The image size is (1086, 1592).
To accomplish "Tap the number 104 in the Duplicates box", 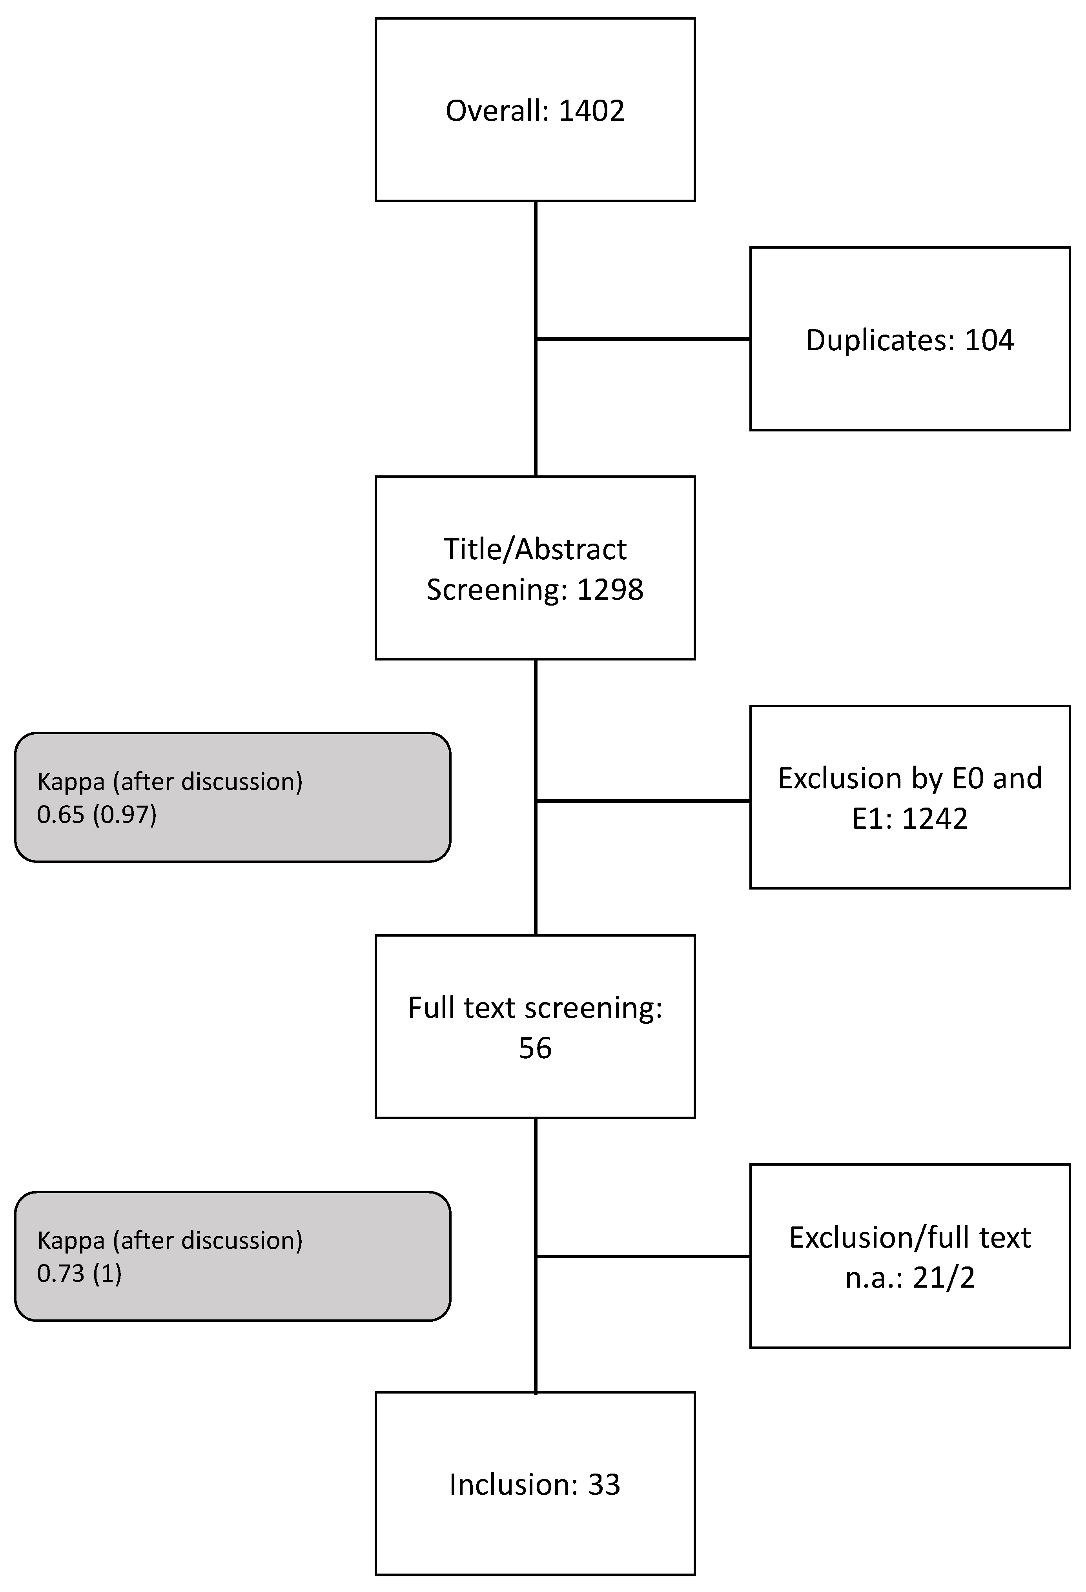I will [989, 340].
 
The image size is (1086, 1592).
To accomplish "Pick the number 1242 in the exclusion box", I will [935, 819].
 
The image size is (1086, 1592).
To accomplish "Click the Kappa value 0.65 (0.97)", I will [97, 815].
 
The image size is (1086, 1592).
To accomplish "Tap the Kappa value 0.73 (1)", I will [80, 1274].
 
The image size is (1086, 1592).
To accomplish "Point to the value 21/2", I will [944, 1277].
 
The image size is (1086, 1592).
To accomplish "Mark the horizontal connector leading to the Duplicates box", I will [643, 338].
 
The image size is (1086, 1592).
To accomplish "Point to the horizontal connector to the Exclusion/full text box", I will [643, 1256].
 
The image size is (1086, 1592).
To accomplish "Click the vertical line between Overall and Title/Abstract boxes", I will [535, 274].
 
